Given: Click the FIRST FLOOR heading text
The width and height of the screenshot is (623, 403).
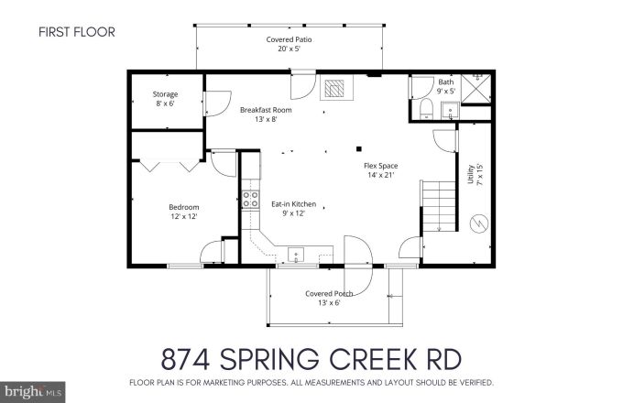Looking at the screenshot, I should click(x=76, y=32).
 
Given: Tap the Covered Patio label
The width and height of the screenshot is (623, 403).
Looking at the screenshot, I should click(x=287, y=44).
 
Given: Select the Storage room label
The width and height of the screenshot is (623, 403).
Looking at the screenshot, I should click(x=165, y=98).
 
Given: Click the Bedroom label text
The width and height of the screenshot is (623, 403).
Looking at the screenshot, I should click(x=183, y=212).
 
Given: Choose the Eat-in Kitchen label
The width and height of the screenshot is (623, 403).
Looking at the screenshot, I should click(x=293, y=208).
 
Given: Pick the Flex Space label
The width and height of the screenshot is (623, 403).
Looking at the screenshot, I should click(x=381, y=170).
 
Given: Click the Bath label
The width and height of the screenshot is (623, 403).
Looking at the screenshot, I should click(x=445, y=86).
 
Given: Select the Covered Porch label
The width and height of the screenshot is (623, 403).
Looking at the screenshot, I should click(x=328, y=298).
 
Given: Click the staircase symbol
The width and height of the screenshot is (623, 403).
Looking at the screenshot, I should click(x=438, y=206).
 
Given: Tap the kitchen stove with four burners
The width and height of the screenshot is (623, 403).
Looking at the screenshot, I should click(x=250, y=205).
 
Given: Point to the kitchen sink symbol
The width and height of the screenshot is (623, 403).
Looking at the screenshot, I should click(x=296, y=254).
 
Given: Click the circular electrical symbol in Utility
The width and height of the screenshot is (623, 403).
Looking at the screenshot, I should click(x=477, y=223).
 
